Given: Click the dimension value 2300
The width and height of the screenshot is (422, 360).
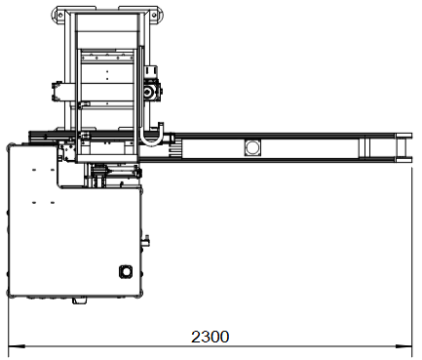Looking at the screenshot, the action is [210, 337].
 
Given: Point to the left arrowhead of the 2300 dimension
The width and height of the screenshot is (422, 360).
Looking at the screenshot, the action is [17, 346].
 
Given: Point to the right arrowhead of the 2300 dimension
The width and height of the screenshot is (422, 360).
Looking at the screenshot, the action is [403, 346].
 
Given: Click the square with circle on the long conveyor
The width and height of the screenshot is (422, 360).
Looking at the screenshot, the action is [252, 147].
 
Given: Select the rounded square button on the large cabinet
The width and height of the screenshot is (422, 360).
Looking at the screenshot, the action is [126, 271].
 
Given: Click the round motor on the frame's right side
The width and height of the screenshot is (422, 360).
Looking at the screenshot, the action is [149, 92].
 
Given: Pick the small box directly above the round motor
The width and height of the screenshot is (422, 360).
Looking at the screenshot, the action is [151, 70].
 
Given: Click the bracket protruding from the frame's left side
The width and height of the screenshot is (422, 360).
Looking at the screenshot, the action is [58, 91].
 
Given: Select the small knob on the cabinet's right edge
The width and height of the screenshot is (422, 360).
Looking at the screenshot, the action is [146, 241].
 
